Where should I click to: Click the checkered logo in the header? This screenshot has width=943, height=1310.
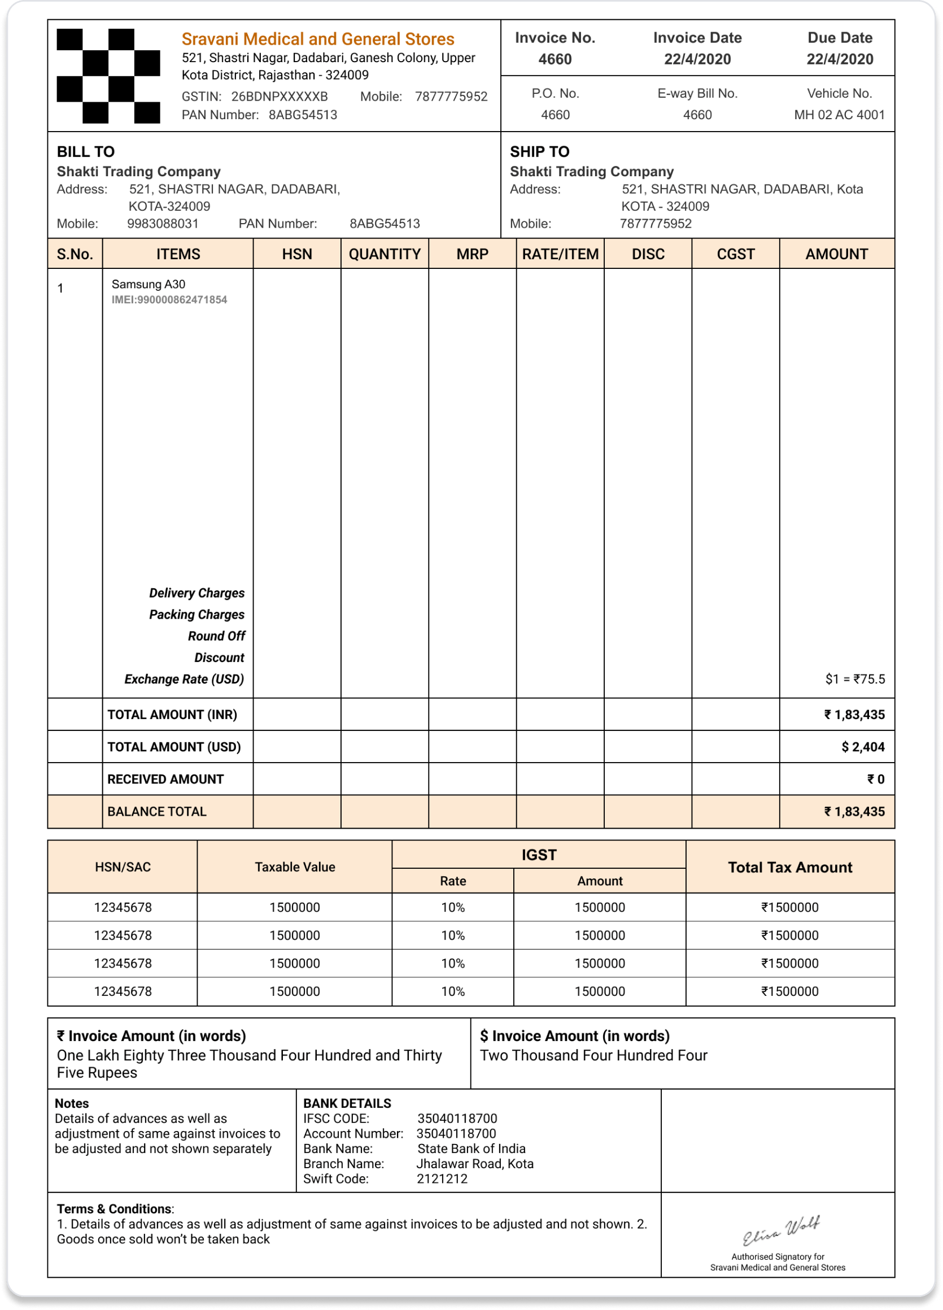coord(108,76)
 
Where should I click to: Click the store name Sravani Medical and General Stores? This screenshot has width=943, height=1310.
coord(317,39)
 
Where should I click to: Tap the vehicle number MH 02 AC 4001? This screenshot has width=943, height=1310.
coord(839,114)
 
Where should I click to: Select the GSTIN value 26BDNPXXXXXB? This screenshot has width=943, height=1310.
coord(280,97)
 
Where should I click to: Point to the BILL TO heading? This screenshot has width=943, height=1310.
coord(85,151)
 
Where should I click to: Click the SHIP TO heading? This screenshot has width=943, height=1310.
coord(539,151)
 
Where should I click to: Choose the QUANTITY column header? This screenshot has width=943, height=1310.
coord(385,254)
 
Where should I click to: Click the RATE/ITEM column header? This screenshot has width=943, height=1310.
coord(560,254)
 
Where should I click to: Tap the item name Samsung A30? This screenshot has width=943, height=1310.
coord(149,284)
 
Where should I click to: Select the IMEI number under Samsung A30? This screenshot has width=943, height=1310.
coord(169,300)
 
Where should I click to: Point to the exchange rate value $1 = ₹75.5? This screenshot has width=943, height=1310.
coord(855,678)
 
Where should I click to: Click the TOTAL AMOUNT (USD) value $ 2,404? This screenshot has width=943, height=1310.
coord(863,747)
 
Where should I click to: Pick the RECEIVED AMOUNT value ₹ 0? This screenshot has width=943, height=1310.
coord(875,779)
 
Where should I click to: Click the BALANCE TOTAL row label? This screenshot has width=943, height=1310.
coord(156,812)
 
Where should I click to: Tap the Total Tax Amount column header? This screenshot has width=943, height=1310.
coord(789,867)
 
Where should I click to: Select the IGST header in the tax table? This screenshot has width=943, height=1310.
coord(539,855)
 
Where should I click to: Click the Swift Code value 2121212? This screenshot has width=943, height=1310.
coord(442,1179)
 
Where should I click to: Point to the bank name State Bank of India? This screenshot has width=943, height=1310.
coord(471,1148)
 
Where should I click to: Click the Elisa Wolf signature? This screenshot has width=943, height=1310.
coord(781,1231)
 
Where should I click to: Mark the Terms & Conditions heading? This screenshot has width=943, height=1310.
coord(114,1209)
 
